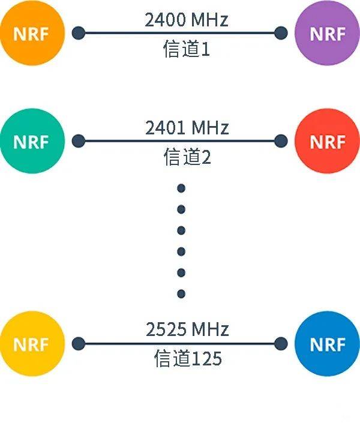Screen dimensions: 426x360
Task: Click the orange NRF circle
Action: (x=31, y=34)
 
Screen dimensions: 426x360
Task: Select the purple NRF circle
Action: (x=327, y=34)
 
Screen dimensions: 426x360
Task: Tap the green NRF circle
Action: (x=31, y=142)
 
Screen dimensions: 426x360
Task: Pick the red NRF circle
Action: (x=327, y=142)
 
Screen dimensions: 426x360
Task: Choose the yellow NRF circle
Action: (x=31, y=344)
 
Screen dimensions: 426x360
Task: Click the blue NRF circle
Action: (x=327, y=344)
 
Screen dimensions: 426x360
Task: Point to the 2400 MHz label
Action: (x=187, y=20)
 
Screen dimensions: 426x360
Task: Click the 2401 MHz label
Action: (x=187, y=128)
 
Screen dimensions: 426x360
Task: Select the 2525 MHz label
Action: (x=187, y=329)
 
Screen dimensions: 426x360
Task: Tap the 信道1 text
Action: (x=187, y=49)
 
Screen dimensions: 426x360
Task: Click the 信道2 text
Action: (x=187, y=157)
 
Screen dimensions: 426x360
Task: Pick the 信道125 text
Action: (x=187, y=359)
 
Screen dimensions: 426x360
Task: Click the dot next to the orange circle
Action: (x=78, y=33)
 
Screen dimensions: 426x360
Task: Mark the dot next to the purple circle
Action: (x=280, y=33)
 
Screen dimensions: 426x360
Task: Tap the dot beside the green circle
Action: (x=78, y=142)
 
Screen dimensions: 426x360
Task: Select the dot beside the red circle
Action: (x=280, y=142)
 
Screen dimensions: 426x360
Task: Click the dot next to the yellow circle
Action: (x=78, y=344)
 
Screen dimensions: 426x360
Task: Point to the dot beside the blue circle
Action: (x=280, y=344)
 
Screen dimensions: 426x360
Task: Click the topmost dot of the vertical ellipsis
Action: (x=181, y=188)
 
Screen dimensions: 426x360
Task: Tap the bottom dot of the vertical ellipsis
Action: (x=181, y=294)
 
